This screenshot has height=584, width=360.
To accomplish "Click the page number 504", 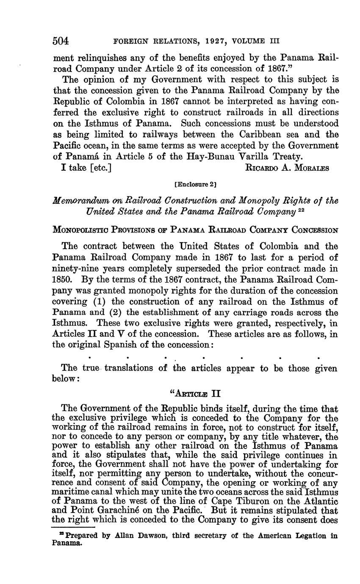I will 61,41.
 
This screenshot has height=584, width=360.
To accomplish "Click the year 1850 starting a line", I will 62,280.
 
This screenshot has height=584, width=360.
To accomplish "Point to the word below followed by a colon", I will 64,379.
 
